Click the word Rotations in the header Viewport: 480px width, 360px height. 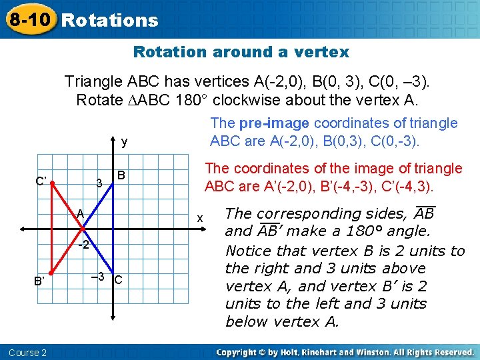(110, 20)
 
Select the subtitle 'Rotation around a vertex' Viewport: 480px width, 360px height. (241, 52)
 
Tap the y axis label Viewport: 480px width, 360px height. (125, 142)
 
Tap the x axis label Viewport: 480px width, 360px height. (199, 219)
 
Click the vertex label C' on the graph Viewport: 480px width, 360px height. (41, 179)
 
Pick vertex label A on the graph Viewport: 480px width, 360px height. (79, 214)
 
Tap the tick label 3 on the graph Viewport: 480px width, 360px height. (99, 183)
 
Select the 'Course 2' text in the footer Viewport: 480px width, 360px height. (28, 352)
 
